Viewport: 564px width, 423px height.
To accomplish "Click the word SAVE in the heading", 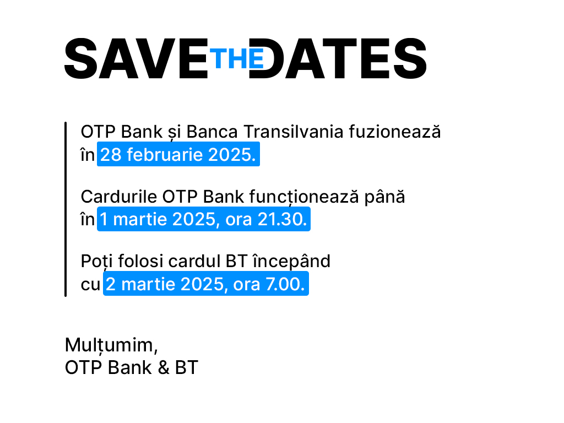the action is [137, 58].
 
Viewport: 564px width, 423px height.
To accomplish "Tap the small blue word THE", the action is [237, 58].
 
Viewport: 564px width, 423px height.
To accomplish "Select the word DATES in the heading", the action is [338, 58].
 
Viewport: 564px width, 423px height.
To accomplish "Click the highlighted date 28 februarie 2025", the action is [178, 154].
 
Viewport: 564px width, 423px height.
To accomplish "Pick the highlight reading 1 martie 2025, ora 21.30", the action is [204, 219].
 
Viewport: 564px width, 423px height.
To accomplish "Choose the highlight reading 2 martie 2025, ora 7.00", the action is [206, 284].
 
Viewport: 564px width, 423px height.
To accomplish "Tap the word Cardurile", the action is [119, 197].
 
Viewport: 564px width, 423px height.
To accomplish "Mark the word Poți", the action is [96, 262].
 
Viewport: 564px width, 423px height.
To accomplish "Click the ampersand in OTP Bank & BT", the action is [163, 367].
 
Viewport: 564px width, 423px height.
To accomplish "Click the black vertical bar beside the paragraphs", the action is [66, 209].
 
